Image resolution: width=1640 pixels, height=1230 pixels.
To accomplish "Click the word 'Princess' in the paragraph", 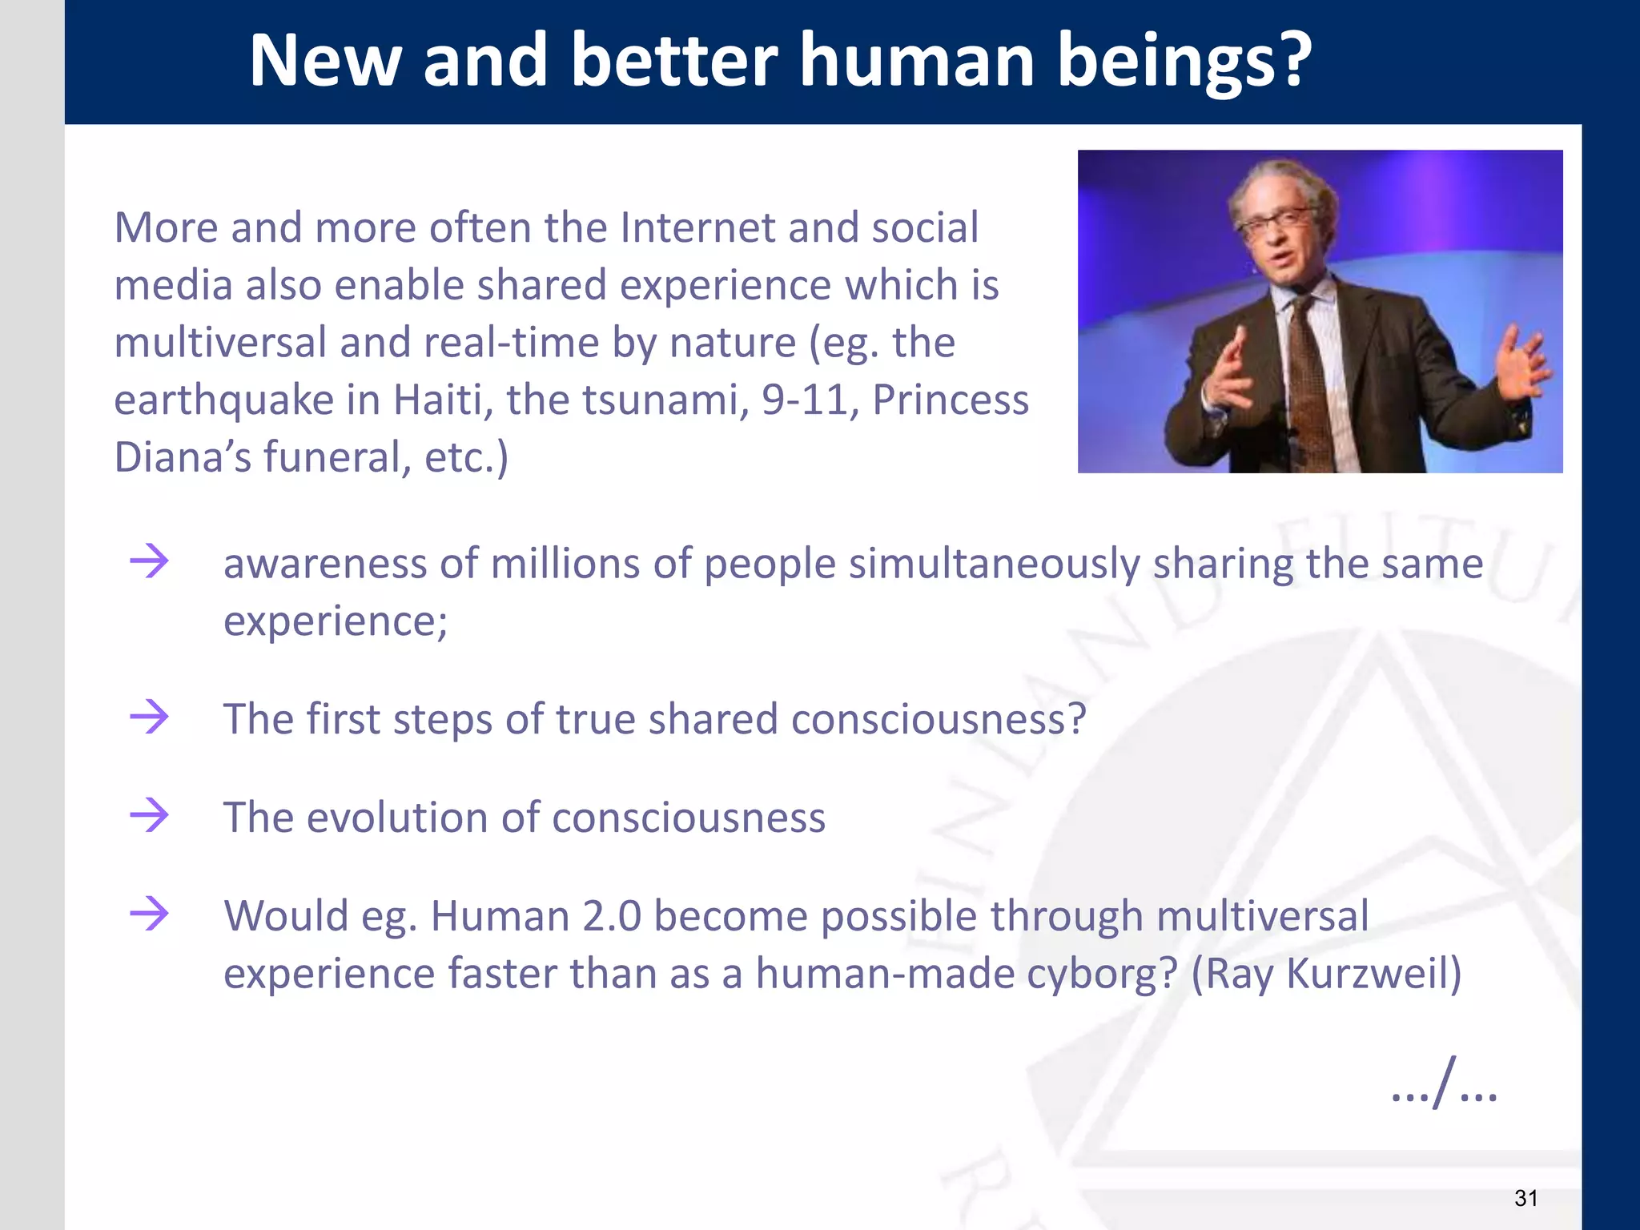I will click(x=951, y=400).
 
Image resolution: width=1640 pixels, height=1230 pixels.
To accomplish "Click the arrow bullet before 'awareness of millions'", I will click(x=150, y=561).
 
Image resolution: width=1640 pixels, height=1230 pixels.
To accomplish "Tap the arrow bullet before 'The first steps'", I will click(x=150, y=717).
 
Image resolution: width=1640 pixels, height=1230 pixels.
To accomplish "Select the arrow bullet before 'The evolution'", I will click(x=150, y=815).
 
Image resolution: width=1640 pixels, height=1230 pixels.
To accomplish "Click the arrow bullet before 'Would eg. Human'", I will click(x=150, y=914).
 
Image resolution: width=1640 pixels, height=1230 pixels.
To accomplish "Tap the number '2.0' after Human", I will click(x=612, y=916).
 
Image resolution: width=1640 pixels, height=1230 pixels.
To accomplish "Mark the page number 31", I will click(x=1525, y=1198).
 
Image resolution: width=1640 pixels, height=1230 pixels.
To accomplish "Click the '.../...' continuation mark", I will click(x=1444, y=1087).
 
